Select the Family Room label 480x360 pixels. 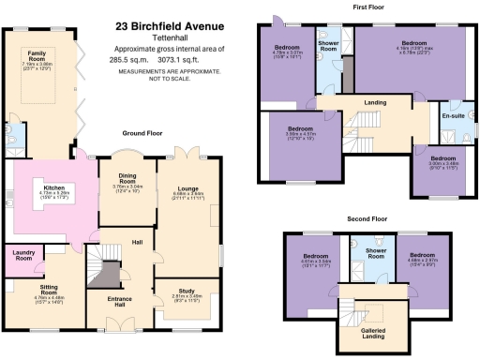(37, 56)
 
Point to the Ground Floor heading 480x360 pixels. (142, 133)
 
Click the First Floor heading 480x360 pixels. (371, 7)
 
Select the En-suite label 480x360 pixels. (454, 115)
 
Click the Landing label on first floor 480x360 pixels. (375, 103)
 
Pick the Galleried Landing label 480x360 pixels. (373, 332)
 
